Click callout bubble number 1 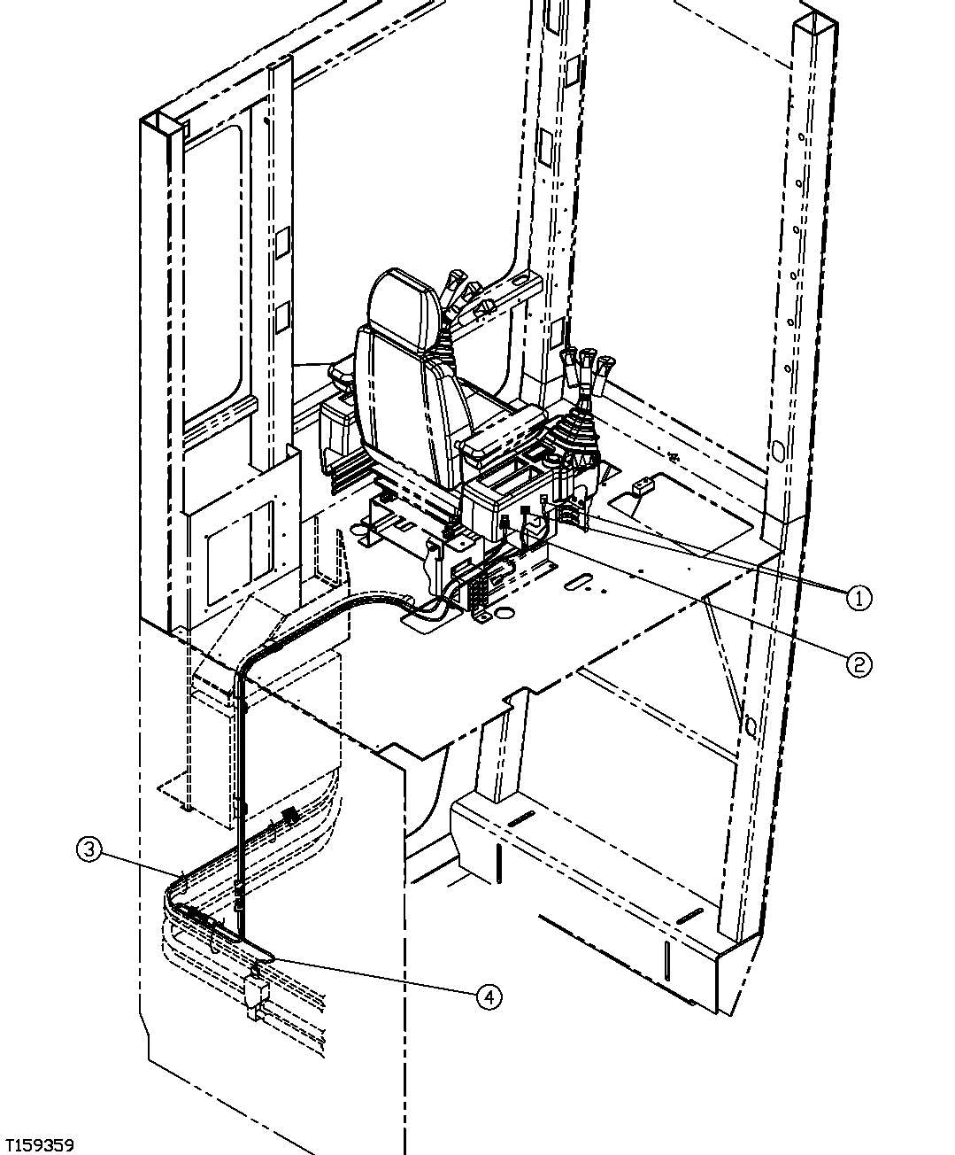[857, 598]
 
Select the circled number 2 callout [858, 663]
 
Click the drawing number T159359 [39, 1138]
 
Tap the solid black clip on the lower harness [288, 812]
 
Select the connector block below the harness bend [255, 992]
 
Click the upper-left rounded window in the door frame [212, 266]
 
